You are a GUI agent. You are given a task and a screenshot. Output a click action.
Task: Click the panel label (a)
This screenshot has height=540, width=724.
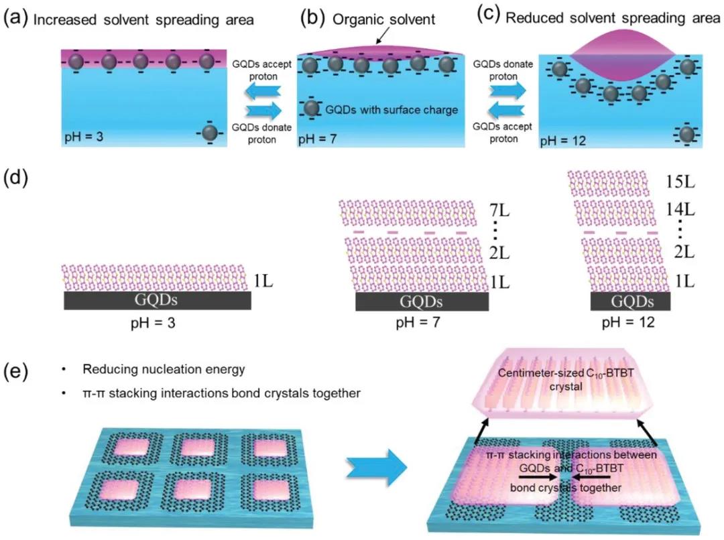(x=15, y=19)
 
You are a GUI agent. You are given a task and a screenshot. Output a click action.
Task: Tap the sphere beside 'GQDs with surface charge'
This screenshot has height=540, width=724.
(x=310, y=109)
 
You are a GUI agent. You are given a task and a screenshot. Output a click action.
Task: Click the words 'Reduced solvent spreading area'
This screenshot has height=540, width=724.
(x=612, y=18)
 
